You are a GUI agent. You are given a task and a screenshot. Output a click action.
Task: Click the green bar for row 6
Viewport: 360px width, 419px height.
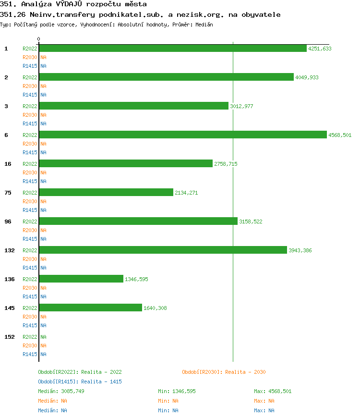point(182,135)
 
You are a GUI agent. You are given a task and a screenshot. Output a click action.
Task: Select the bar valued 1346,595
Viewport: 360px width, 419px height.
point(81,279)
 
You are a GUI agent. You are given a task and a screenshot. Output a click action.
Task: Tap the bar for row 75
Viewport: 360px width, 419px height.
point(106,193)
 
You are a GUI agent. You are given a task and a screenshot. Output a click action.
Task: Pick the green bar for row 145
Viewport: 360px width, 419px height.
point(91,308)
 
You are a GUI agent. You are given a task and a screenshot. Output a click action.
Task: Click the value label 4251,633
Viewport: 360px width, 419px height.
point(320,49)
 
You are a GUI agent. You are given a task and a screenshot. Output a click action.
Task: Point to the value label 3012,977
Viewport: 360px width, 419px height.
point(241,106)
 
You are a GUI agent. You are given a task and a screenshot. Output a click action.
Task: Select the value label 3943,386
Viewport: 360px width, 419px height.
point(300,250)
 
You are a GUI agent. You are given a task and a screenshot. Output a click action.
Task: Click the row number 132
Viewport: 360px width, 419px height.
point(9,250)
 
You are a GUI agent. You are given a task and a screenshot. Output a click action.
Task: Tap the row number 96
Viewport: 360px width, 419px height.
point(8,222)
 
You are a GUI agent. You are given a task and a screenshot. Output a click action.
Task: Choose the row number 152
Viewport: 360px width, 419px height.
point(9,337)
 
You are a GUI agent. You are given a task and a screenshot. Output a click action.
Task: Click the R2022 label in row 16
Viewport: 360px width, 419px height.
point(30,164)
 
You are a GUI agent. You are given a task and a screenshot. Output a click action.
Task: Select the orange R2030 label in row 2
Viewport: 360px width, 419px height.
point(30,86)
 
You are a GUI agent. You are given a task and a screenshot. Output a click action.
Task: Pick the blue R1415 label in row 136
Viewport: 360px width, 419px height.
point(30,296)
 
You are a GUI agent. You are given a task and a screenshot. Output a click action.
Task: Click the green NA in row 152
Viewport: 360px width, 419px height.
point(43,337)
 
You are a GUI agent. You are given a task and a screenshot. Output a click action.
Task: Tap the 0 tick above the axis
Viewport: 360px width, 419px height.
point(39,39)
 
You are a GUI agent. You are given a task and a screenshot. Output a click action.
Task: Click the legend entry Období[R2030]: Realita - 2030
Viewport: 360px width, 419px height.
point(224,372)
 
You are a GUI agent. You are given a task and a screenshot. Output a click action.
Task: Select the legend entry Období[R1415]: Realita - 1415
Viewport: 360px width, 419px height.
point(80,382)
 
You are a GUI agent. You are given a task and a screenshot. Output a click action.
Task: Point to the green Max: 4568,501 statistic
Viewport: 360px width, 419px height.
point(273,391)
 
